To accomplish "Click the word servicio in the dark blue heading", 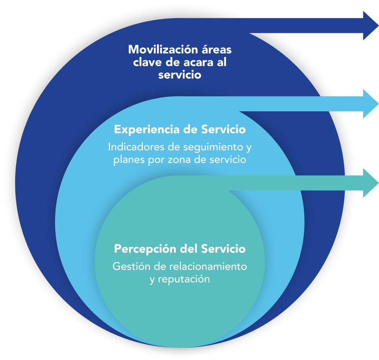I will pos(180,75).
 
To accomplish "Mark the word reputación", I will pos(184,279).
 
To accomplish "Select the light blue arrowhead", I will pos(371,104).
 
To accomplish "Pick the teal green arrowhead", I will pos(371,183).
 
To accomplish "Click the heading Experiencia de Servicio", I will pos(180,130).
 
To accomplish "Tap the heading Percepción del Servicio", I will pos(180,249).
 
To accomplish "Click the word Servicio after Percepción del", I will pos(223,249).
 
